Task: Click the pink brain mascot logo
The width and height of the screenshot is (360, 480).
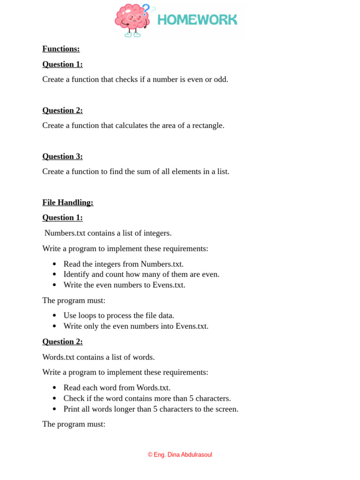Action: [x=132, y=20]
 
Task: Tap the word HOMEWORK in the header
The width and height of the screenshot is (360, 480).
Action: [x=197, y=20]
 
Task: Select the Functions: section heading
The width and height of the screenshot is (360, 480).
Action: [x=61, y=49]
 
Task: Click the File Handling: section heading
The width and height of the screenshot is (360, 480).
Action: [x=67, y=202]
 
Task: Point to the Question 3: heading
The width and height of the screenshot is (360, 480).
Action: [x=62, y=157]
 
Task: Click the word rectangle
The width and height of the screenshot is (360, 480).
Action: [x=208, y=126]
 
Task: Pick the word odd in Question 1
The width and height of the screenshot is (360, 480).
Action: [x=220, y=80]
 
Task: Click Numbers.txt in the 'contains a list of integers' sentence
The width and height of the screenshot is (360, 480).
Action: [x=65, y=233]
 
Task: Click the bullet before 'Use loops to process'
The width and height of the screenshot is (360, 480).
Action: [x=54, y=316]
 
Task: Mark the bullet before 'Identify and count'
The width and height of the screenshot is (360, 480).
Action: [x=54, y=275]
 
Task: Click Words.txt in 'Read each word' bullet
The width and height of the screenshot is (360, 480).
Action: [x=153, y=388]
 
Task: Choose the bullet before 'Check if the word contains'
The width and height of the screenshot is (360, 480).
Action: [x=54, y=399]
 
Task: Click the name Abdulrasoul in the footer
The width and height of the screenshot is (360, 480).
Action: [x=197, y=455]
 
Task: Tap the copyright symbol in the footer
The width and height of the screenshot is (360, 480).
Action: [x=150, y=455]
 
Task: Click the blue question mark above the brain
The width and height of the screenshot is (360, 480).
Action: [x=146, y=9]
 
